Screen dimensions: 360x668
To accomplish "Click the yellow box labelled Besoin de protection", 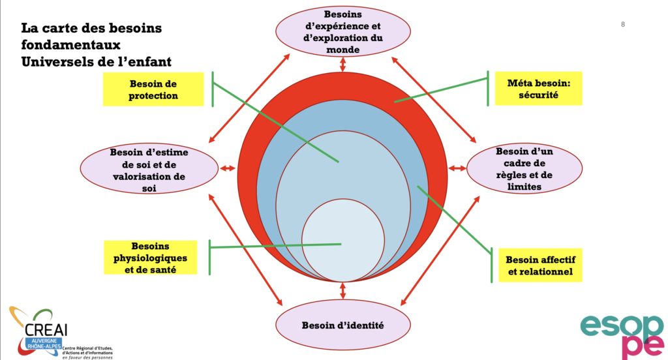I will pyautogui.click(x=153, y=90).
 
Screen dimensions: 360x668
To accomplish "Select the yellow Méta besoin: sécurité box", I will pyautogui.click(x=538, y=89).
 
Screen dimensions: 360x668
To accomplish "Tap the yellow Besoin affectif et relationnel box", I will pyautogui.click(x=540, y=265).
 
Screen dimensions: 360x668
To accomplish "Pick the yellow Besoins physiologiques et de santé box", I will pyautogui.click(x=150, y=258).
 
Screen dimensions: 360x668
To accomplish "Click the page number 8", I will pyautogui.click(x=623, y=25).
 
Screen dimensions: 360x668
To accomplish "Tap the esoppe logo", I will pyautogui.click(x=621, y=334).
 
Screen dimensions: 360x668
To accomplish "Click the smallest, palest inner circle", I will pyautogui.click(x=342, y=242).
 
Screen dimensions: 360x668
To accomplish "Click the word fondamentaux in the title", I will pyautogui.click(x=71, y=46).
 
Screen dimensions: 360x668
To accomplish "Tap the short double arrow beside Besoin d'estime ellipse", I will pyautogui.click(x=228, y=169).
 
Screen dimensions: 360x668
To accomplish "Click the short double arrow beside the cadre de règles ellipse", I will pyautogui.click(x=457, y=168).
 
